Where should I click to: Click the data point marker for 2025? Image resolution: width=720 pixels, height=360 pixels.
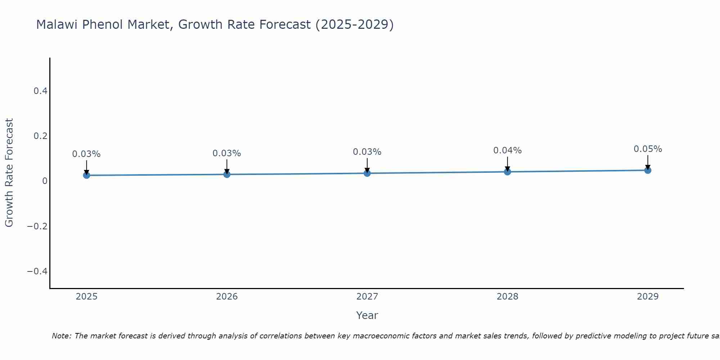[x=86, y=175]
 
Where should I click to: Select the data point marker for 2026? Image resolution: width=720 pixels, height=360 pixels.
[x=227, y=174]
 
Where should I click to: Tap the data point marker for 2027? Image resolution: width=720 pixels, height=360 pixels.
[x=367, y=173]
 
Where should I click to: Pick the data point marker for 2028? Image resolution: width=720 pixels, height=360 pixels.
[x=508, y=172]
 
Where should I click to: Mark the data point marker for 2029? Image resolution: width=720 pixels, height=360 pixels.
[x=648, y=170]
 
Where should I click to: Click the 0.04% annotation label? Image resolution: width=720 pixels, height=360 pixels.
[x=507, y=150]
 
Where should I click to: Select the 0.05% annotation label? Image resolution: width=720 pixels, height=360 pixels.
[x=648, y=149]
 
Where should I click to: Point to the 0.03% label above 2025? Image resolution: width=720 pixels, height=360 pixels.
[x=86, y=154]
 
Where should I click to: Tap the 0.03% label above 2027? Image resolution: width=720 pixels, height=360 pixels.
[x=367, y=152]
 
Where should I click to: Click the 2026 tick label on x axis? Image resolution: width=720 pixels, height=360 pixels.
[x=227, y=297]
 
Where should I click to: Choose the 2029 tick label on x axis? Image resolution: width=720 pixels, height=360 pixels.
[x=648, y=297]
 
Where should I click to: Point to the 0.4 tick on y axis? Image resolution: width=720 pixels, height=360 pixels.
[x=41, y=91]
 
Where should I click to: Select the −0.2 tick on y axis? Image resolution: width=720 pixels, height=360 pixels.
[x=37, y=226]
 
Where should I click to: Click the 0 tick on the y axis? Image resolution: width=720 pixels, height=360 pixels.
[x=45, y=181]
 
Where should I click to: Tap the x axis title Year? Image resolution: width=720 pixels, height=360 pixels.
[x=367, y=316]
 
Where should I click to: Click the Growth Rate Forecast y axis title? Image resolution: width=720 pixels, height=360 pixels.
[x=9, y=173]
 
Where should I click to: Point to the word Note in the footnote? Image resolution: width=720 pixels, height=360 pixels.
[x=62, y=336]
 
